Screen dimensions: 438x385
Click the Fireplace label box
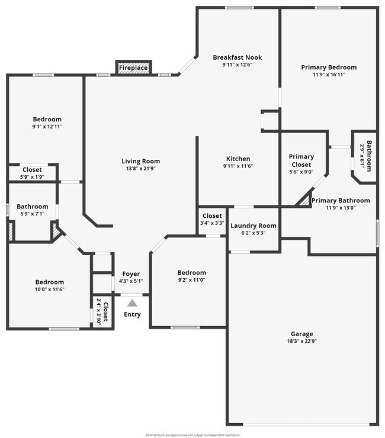pos(133,68)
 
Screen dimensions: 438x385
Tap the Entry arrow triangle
pos(132,303)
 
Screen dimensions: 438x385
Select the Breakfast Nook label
pos(238,57)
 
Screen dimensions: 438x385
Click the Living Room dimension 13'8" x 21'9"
pos(140,169)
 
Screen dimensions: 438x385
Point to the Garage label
pos(301,334)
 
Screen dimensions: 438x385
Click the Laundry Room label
pos(253,226)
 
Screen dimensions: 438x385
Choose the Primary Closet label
pos(301,160)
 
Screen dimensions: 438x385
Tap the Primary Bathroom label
pos(341,201)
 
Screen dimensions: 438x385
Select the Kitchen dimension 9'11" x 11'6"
pos(238,166)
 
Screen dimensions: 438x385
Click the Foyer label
pos(131,274)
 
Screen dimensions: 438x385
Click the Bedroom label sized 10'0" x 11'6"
pos(49,282)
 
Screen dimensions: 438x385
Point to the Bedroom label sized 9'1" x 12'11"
pos(47,120)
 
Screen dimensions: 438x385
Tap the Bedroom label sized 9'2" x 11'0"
pos(192,273)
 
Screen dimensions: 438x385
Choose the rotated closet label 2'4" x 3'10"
pos(102,311)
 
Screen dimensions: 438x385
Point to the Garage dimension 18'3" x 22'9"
pos(301,342)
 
